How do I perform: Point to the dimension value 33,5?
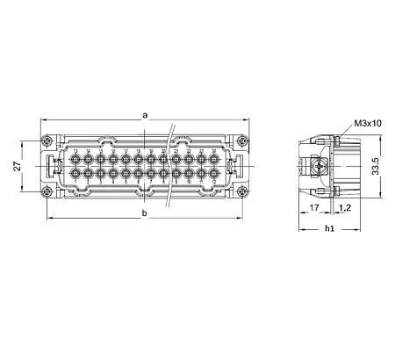click(375, 165)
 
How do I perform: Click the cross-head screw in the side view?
click(317, 165)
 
